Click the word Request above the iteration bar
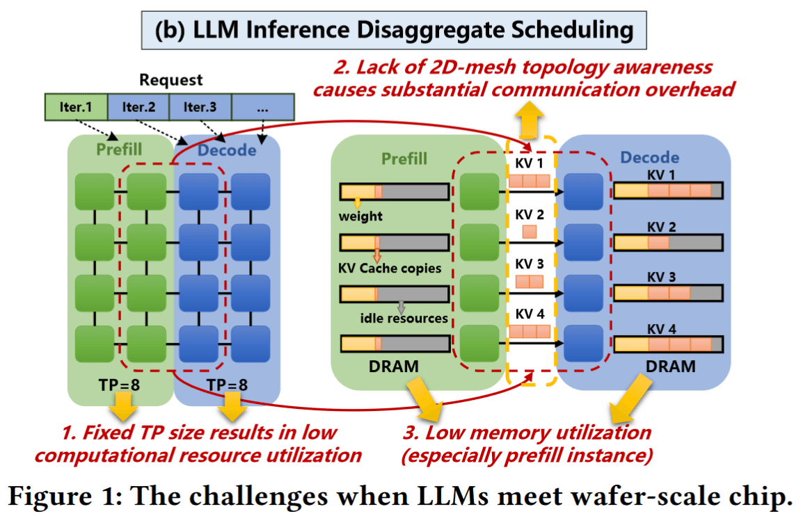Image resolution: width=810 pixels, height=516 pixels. pyautogui.click(x=171, y=80)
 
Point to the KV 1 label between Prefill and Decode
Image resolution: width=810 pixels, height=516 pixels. pyautogui.click(x=529, y=163)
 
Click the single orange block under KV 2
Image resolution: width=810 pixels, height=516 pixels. pyautogui.click(x=529, y=232)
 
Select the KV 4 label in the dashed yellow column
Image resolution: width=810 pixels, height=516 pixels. pyautogui.click(x=529, y=315)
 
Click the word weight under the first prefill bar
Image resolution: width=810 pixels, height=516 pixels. pyautogui.click(x=360, y=216)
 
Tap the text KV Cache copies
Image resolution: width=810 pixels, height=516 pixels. pyautogui.click(x=390, y=268)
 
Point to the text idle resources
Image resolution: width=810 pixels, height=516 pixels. pyautogui.click(x=404, y=319)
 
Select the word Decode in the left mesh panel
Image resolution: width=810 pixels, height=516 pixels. pyautogui.click(x=227, y=151)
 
